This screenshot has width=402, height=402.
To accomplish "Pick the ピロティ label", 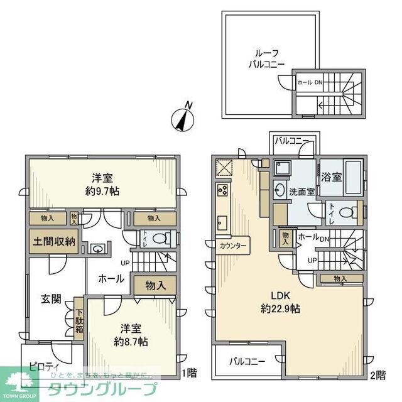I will pyautogui.click(x=44, y=366).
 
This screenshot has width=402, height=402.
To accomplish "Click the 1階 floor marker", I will pyautogui.click(x=189, y=374).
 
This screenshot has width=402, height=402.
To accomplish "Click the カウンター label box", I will pyautogui.click(x=233, y=244).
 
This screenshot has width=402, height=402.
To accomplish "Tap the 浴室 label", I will pyautogui.click(x=332, y=177).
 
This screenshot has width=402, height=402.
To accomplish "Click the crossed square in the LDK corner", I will pyautogui.click(x=224, y=167).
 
